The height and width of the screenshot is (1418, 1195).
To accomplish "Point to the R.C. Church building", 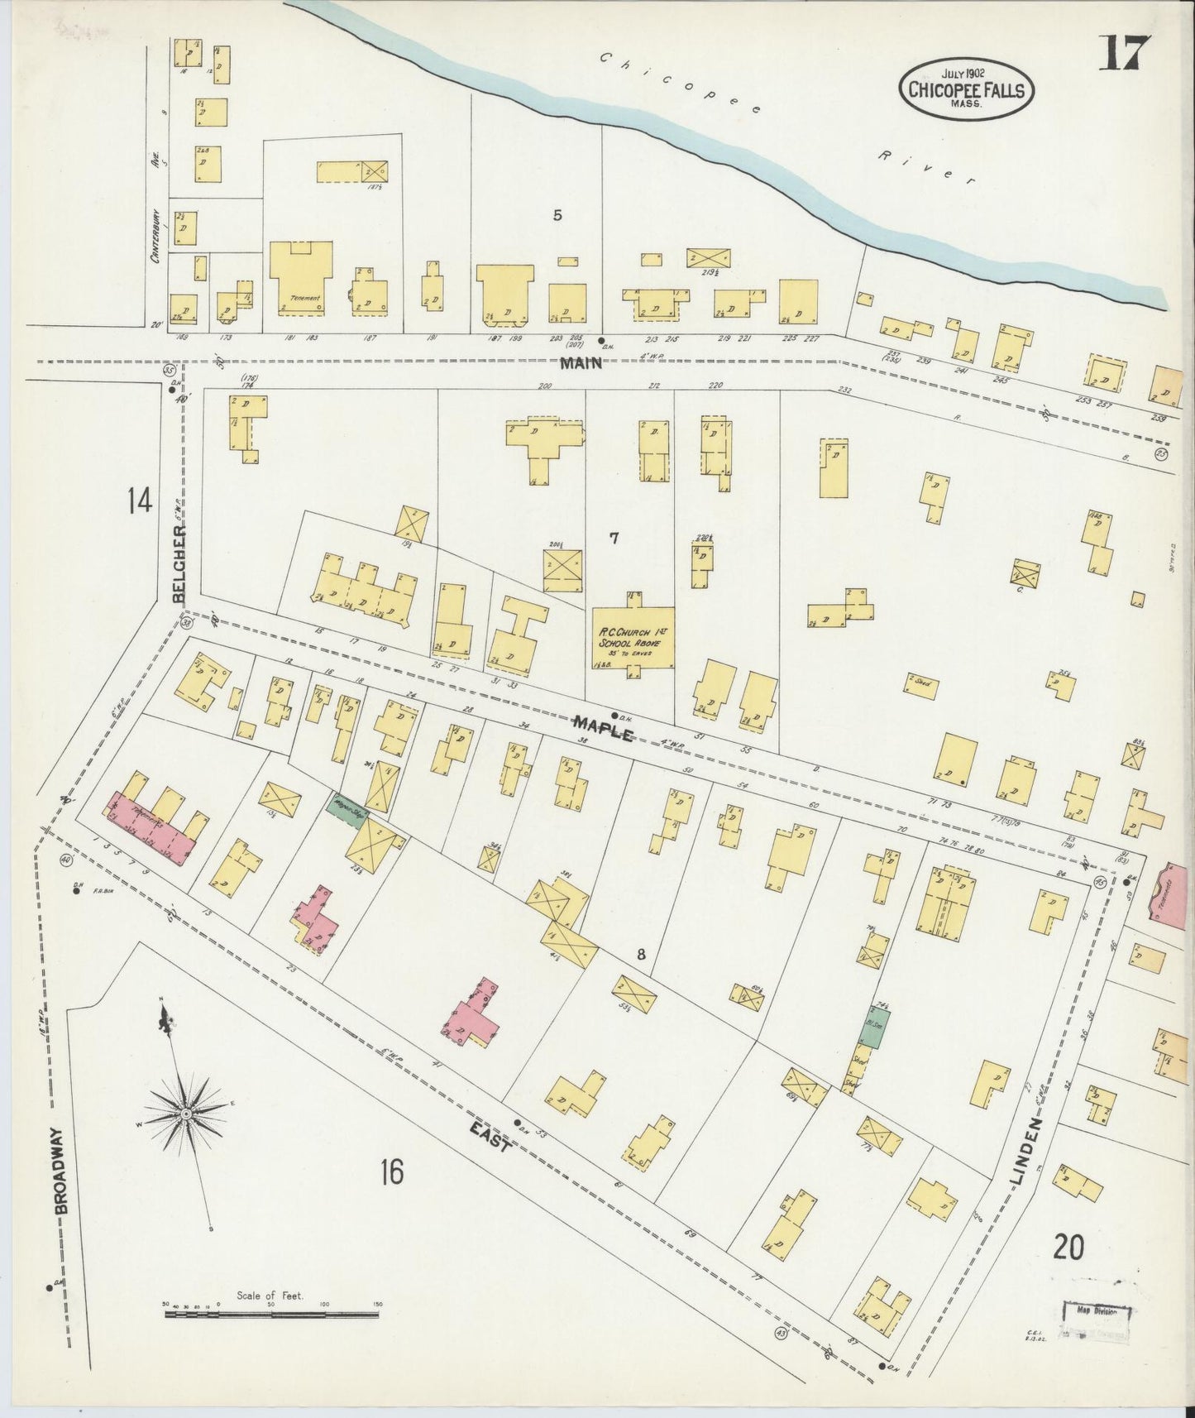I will point(633,636).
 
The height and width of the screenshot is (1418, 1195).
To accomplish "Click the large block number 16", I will point(392,1171).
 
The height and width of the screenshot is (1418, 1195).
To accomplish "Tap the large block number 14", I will point(139,501).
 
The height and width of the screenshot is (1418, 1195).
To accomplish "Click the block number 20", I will point(1068,1246).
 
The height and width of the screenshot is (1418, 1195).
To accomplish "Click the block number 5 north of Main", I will point(557,216).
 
